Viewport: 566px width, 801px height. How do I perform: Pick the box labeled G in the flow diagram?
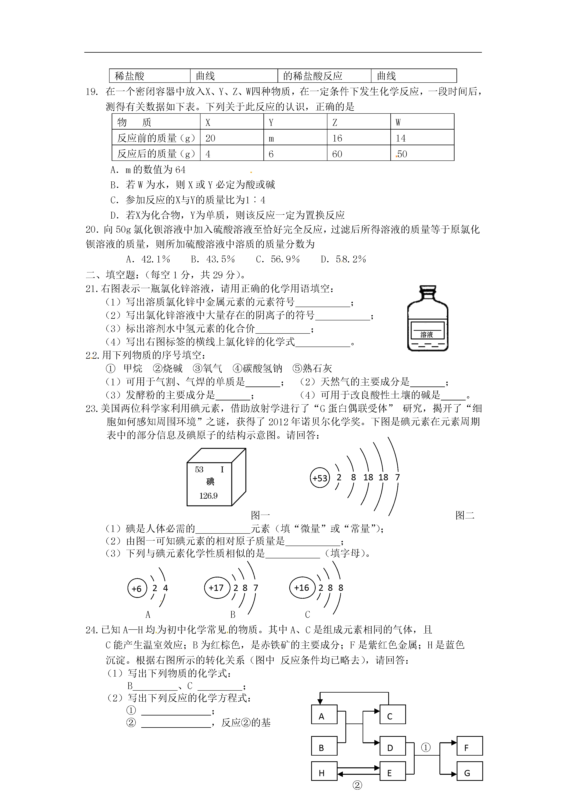(x=469, y=773)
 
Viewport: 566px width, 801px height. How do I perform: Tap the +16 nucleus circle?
(x=302, y=588)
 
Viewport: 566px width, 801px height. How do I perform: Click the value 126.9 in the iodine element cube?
(x=208, y=496)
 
